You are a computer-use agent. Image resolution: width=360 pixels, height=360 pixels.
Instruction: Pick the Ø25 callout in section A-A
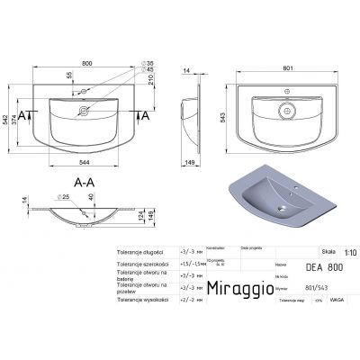pyautogui.click(x=64, y=196)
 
